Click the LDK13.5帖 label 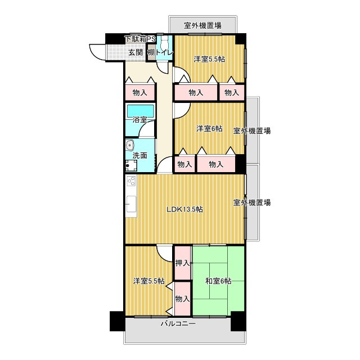(184, 209)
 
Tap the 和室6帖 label (218, 281)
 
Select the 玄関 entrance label (136, 52)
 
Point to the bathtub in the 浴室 (141, 111)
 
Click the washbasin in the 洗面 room (130, 145)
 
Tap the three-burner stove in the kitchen (131, 181)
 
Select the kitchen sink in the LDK (131, 204)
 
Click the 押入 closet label (182, 263)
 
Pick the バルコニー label (178, 324)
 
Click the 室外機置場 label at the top (202, 25)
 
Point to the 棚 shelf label (151, 53)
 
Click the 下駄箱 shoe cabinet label (136, 39)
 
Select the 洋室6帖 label (209, 129)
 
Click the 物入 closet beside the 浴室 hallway (140, 93)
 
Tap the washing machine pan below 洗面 (131, 165)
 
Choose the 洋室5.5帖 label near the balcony (148, 281)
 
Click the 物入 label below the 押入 (182, 299)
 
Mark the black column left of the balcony (117, 321)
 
